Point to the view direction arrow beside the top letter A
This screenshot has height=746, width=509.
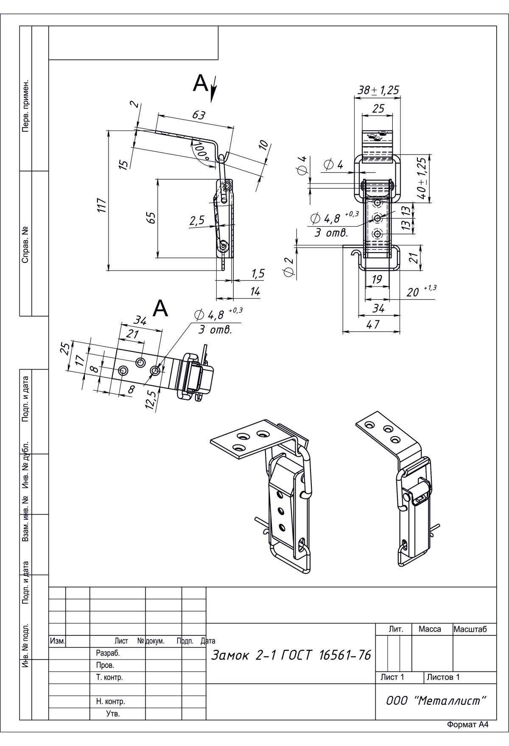pos(214,89)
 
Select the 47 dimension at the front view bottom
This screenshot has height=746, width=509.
pos(372,324)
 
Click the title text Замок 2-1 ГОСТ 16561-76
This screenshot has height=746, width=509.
pos(291,655)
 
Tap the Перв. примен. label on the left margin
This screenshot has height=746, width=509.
pos(25,105)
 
